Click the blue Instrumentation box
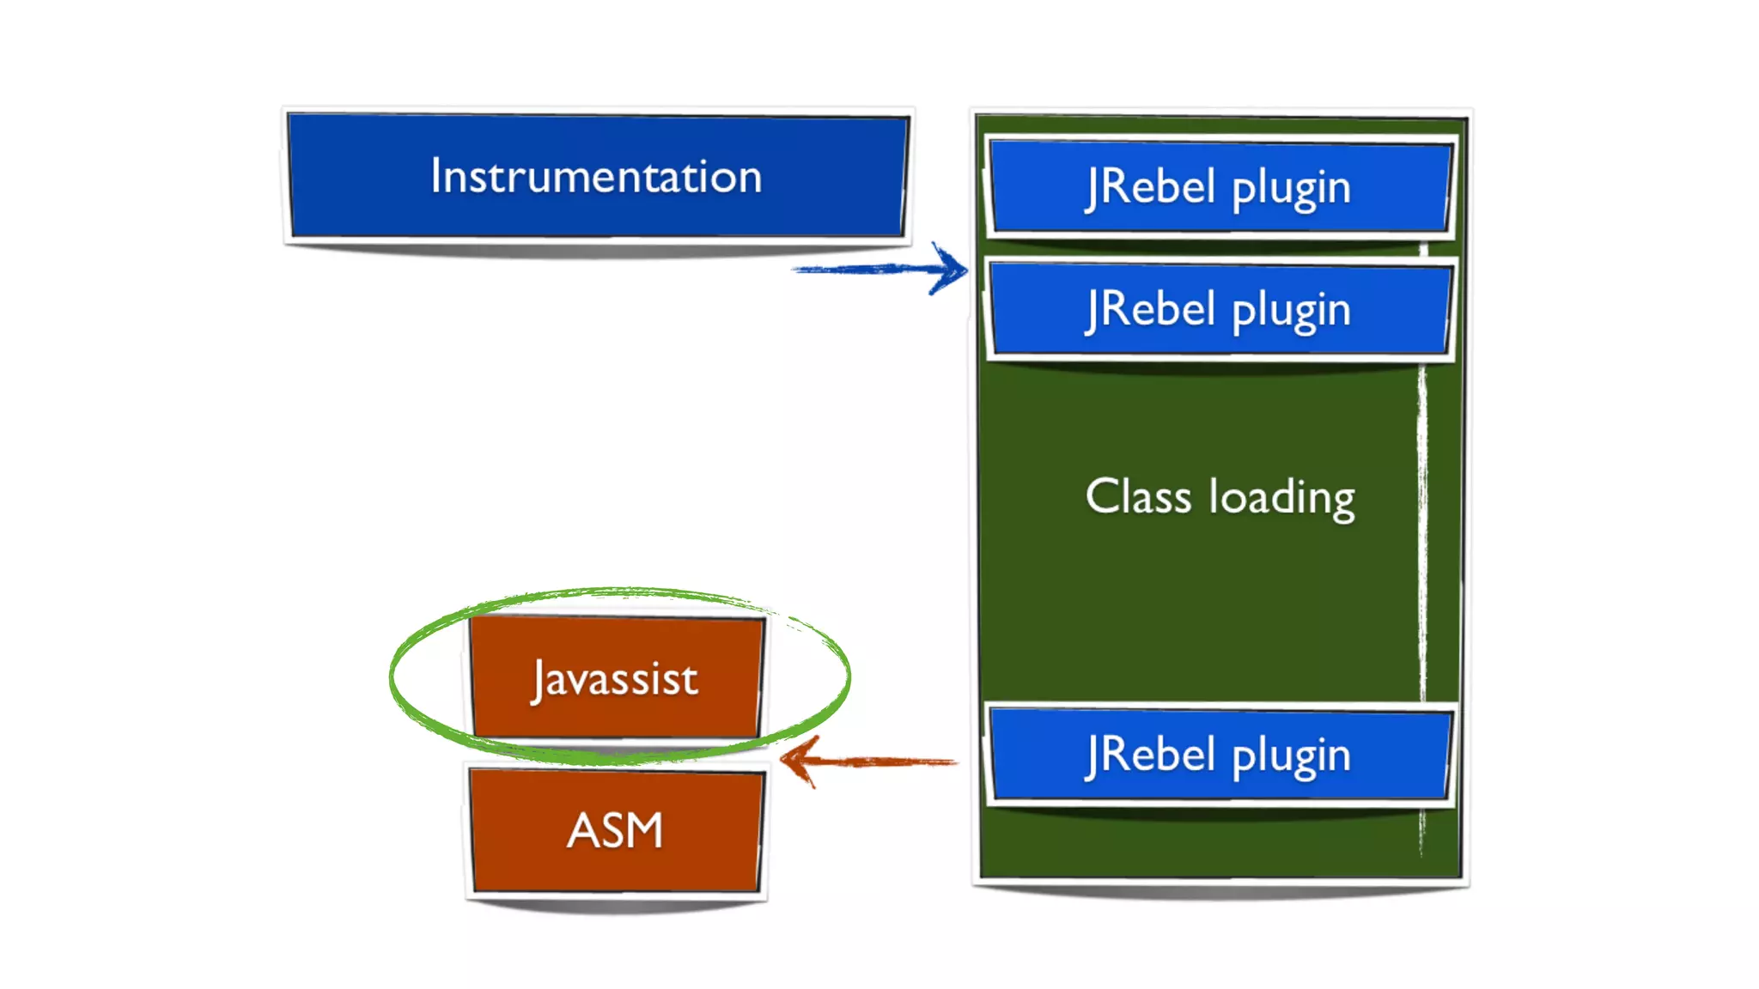click(x=598, y=175)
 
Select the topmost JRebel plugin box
click(x=1220, y=186)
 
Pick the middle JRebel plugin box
click(x=1220, y=308)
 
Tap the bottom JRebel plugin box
click(x=1220, y=755)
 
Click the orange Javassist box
click(x=616, y=677)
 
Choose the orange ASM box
click(x=616, y=830)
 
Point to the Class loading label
click(x=1220, y=497)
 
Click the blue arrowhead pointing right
click(x=951, y=269)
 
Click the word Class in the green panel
click(x=1138, y=495)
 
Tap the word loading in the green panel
click(x=1282, y=498)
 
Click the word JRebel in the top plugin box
click(x=1150, y=186)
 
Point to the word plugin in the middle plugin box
click(x=1292, y=311)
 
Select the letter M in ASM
click(x=641, y=830)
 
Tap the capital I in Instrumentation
click(x=436, y=176)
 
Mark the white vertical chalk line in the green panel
click(x=1422, y=549)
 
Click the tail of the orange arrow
click(x=955, y=761)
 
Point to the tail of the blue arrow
click(x=794, y=270)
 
